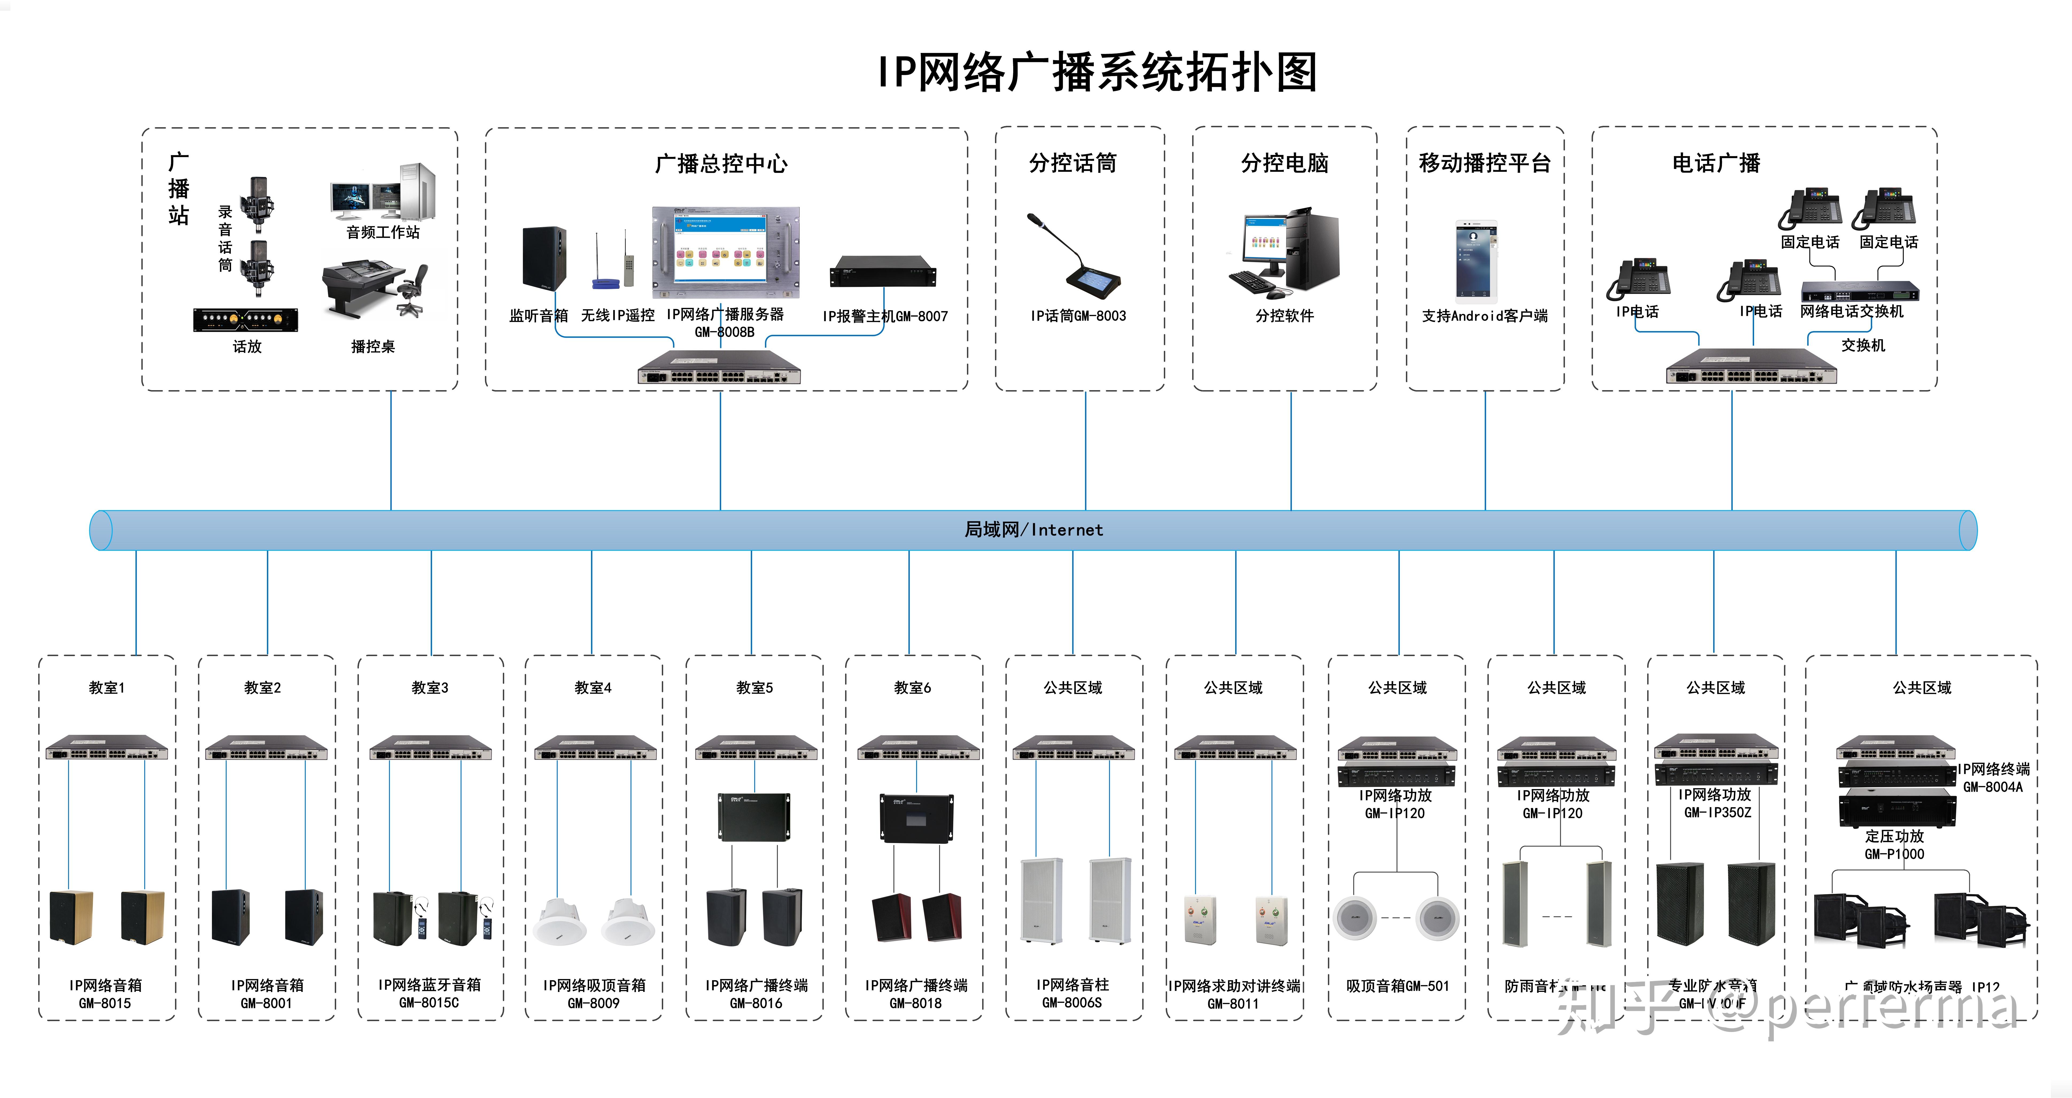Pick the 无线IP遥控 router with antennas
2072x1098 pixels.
tap(611, 264)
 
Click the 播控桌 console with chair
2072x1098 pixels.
tap(374, 290)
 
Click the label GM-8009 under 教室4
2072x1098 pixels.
tap(594, 1003)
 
